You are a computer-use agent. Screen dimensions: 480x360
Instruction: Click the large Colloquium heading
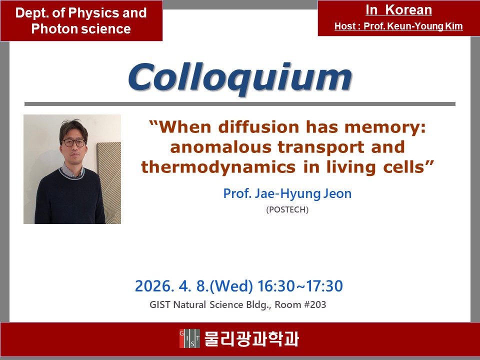[x=240, y=78]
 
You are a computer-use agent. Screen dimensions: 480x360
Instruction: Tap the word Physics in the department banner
[x=93, y=13]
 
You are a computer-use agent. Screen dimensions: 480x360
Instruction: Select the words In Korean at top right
[x=398, y=10]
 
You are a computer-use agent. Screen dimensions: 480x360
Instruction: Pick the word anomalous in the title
[x=220, y=147]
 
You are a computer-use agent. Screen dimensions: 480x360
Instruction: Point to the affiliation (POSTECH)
[x=287, y=209]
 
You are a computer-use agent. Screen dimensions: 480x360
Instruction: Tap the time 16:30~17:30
[x=300, y=286]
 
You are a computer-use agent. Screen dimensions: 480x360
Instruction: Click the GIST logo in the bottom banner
[x=189, y=338]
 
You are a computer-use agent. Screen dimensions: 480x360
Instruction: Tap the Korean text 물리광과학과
[x=251, y=338]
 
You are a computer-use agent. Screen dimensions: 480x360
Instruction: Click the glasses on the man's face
[x=74, y=142]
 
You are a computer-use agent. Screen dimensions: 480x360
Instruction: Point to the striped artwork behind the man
[x=109, y=182]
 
